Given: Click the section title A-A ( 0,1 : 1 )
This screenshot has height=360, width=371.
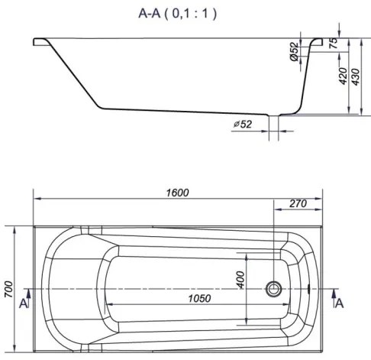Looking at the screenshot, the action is [178, 14].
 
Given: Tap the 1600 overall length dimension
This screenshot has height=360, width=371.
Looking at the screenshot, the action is [178, 193].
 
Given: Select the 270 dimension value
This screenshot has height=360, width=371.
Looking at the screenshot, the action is [298, 203].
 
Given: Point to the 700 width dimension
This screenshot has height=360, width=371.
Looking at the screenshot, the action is [8, 289].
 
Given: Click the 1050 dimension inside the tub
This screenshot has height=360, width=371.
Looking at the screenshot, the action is [199, 298].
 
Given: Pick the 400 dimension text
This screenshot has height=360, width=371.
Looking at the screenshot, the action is [240, 280].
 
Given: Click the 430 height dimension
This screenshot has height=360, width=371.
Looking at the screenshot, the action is [356, 77].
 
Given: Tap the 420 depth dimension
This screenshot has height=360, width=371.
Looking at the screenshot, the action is [343, 76].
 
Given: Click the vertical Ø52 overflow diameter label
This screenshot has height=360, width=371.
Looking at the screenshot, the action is [294, 52].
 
